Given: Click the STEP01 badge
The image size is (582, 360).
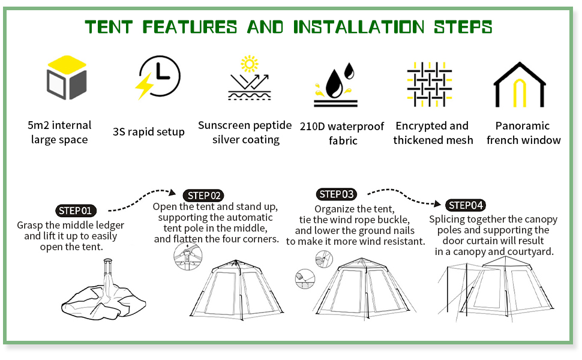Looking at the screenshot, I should pyautogui.click(x=75, y=211).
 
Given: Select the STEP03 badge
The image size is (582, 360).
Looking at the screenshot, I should pyautogui.click(x=336, y=194).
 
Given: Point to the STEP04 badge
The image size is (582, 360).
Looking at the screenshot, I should pyautogui.click(x=466, y=205).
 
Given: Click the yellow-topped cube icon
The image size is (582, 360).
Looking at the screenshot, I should pyautogui.click(x=67, y=78).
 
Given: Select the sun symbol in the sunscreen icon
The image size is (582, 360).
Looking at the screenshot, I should pyautogui.click(x=248, y=64).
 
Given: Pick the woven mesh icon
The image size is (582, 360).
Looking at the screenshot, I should pyautogui.click(x=430, y=80).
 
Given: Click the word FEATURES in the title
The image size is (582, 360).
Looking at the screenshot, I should pyautogui.click(x=190, y=27).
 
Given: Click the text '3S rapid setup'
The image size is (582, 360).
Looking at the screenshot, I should pyautogui.click(x=149, y=132).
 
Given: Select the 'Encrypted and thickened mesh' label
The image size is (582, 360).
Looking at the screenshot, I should pyautogui.click(x=433, y=133).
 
